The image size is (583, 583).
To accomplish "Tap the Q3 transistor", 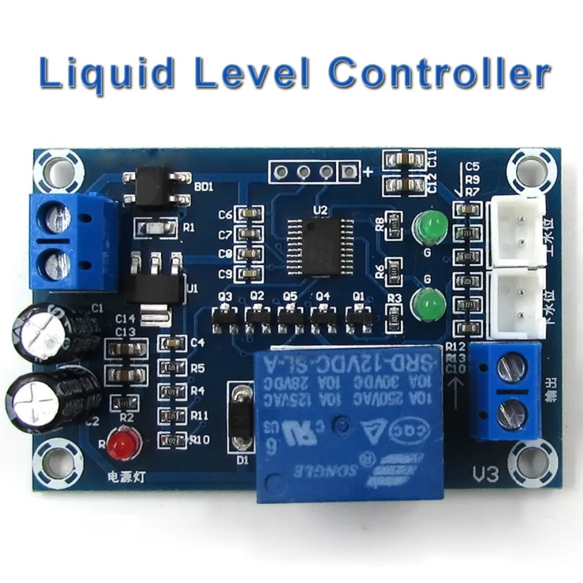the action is (224, 317).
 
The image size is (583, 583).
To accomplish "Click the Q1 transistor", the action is (357, 317).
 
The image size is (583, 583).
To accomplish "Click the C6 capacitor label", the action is (225, 215).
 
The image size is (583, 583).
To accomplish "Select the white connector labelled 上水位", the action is (518, 229).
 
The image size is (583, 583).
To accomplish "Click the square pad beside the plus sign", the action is (349, 172).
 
